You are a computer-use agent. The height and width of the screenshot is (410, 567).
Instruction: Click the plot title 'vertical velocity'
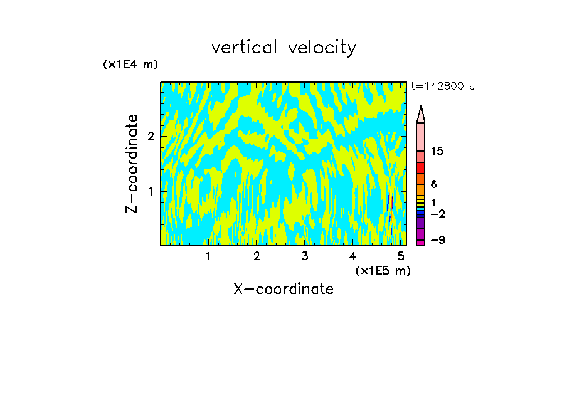point(283,48)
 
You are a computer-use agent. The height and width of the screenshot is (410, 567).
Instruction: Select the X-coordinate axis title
point(283,289)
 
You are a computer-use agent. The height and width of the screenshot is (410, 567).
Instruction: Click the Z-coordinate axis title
point(132,164)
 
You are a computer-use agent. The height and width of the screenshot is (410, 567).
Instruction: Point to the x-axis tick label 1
point(208,256)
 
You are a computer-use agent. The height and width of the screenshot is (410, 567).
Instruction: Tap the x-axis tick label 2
point(257,256)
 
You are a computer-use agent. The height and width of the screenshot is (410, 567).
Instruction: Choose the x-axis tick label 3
point(304,256)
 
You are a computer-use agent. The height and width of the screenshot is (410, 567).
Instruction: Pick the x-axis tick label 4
point(352,256)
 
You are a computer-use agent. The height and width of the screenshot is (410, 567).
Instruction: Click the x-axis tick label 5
point(400,256)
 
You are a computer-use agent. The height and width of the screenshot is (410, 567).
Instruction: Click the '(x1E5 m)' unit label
point(383,271)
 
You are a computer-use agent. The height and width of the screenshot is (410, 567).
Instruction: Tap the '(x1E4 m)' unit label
point(130,64)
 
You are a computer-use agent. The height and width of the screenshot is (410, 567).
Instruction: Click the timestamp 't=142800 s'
point(442,87)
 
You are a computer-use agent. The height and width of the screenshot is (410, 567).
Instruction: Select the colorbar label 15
point(437,152)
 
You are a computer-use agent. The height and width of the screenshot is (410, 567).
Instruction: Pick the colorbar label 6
point(433,184)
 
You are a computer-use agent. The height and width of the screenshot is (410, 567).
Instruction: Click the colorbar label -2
point(437,214)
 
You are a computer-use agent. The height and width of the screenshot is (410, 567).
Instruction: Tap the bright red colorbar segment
point(420,168)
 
